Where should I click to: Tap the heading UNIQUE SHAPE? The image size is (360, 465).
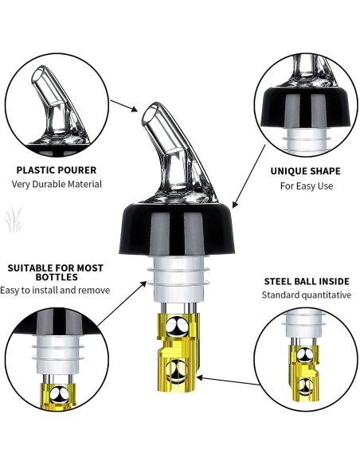[305, 171]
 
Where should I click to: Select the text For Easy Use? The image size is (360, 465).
[305, 186]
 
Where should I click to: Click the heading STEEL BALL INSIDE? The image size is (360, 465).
[307, 282]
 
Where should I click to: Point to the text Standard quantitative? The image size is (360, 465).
[307, 295]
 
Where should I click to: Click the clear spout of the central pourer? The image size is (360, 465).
[167, 151]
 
